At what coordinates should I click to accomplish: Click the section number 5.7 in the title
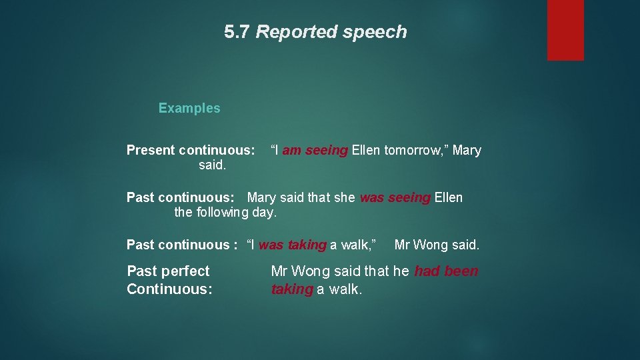point(237,32)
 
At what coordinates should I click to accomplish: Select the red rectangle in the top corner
point(565,30)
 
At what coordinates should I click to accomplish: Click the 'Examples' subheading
point(189,108)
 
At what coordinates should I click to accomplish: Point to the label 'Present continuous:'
point(191,150)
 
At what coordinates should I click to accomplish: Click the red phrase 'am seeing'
point(315,151)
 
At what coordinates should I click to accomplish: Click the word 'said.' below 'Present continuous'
point(212,165)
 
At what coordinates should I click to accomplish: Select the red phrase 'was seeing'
point(395,197)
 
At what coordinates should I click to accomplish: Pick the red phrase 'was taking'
point(292,245)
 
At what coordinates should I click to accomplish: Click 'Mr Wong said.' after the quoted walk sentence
point(437,245)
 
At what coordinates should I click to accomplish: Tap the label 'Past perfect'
point(168,271)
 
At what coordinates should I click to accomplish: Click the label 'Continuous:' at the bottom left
point(169,289)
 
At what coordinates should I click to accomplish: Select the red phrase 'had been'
point(446,271)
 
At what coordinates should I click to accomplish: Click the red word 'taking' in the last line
point(291,289)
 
